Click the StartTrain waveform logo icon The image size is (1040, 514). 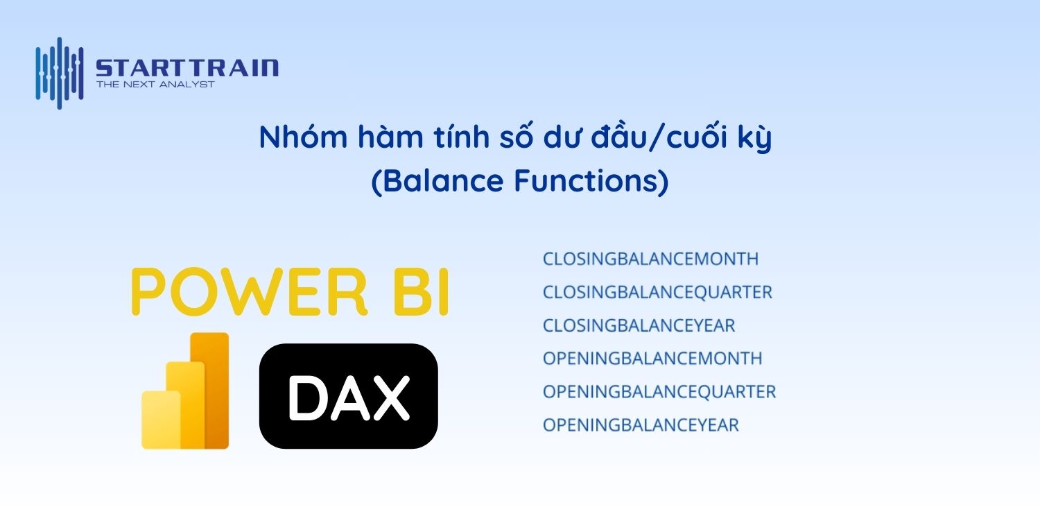pos(60,72)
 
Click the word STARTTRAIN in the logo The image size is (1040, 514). pos(187,68)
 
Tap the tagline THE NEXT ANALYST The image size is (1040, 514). pos(155,85)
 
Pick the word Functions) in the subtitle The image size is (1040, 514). pos(591,181)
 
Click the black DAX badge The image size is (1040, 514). pos(348,395)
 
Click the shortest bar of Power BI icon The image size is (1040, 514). pos(159,420)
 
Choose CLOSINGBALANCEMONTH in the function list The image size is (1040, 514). pos(650,259)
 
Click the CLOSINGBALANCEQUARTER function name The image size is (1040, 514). pos(657,292)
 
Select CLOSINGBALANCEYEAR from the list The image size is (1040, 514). pos(639,325)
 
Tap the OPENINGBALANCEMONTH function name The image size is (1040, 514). pos(652,359)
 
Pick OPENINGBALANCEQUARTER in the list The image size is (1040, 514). pos(659,392)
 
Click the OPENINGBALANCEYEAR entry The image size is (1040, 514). pos(641,425)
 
